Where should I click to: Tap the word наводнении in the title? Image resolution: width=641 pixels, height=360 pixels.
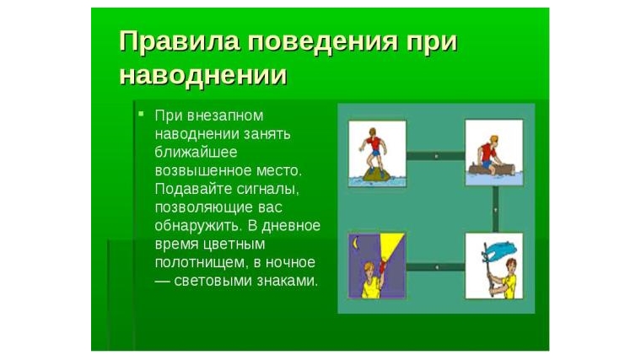(x=202, y=75)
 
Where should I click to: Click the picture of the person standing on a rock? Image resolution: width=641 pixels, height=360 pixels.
(x=377, y=153)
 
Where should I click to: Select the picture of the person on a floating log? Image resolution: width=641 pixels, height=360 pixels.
(x=493, y=153)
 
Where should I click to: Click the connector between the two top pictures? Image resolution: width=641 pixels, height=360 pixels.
(x=435, y=155)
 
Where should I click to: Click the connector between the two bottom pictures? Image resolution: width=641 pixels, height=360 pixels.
(x=435, y=266)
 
